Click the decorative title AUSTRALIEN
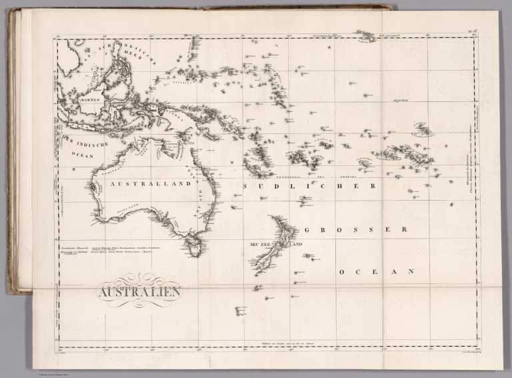[x=139, y=291]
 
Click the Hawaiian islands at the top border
[x=365, y=34]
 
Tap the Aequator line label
[x=400, y=100]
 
